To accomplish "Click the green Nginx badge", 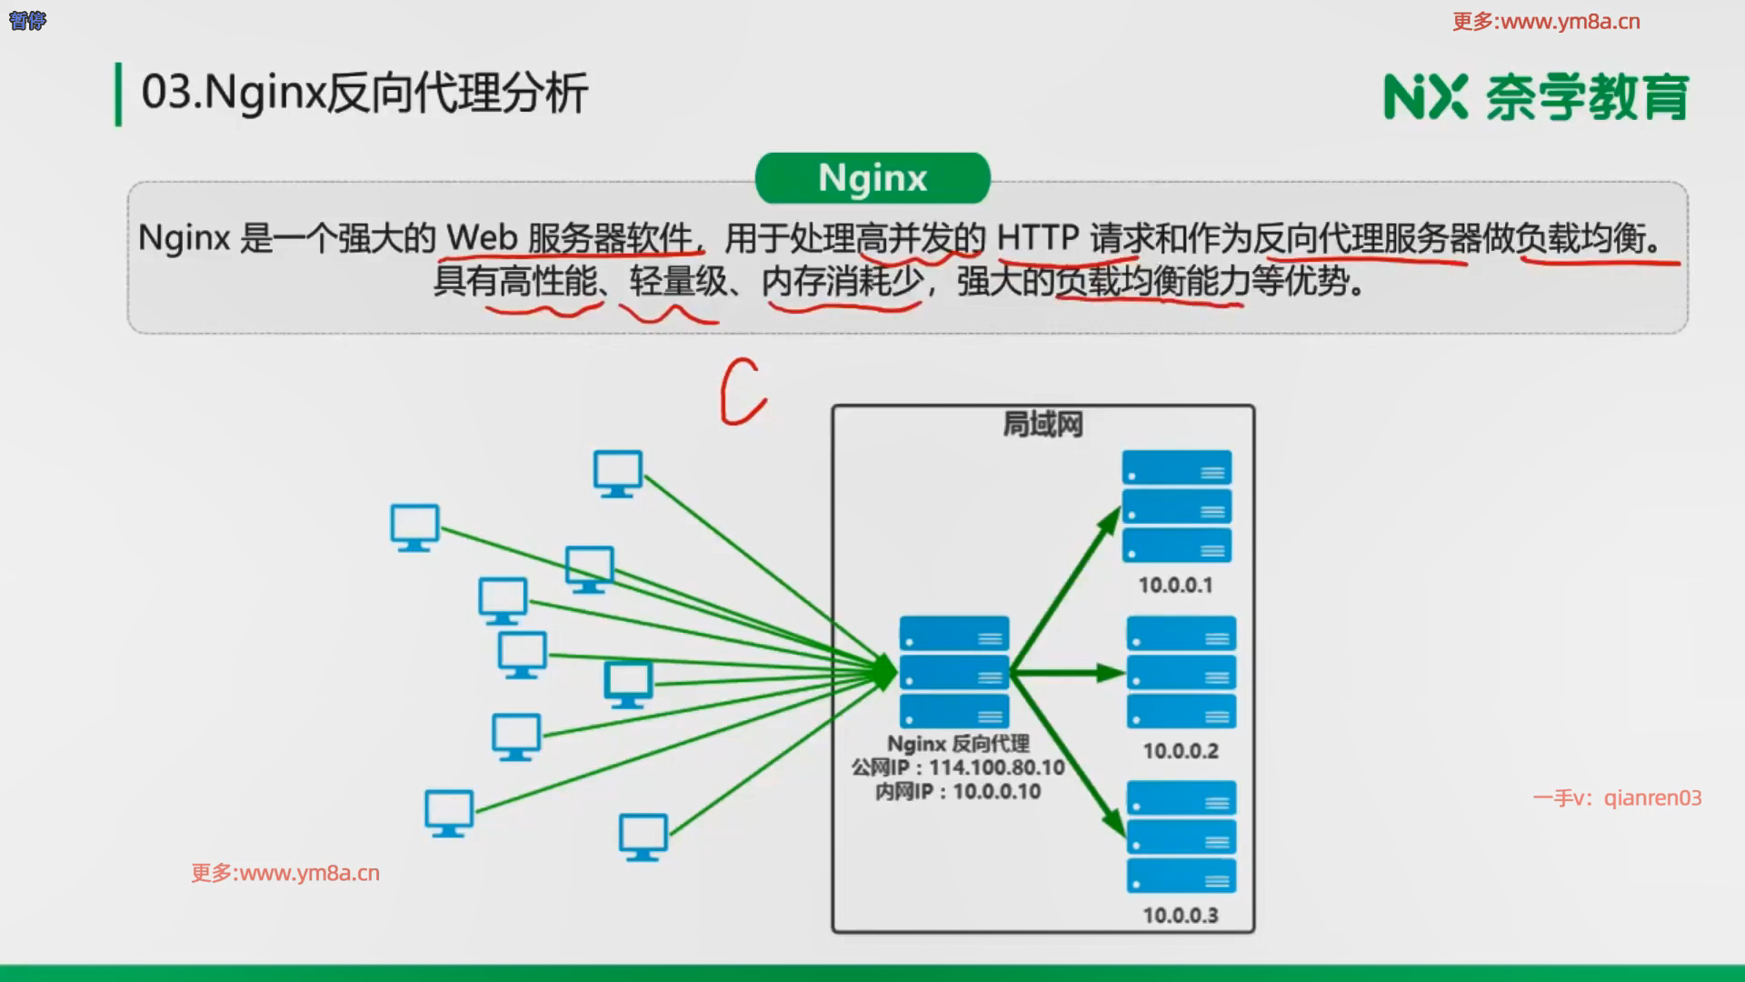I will [x=872, y=178].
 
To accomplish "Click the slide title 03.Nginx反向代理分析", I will [x=364, y=93].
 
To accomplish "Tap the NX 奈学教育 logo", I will [x=1536, y=97].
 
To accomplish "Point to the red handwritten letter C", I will [x=743, y=392].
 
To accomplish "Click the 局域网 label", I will [x=1042, y=425].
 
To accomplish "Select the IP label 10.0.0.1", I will [x=1175, y=586].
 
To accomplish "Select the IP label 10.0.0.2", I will [x=1181, y=751].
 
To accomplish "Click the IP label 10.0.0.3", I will [x=1181, y=916].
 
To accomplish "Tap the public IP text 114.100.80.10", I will [x=996, y=767].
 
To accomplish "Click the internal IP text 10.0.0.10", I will [x=997, y=792].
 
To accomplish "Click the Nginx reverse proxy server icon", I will [x=954, y=672].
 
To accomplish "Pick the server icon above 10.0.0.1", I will [x=1177, y=506].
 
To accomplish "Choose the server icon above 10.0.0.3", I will [x=1182, y=837].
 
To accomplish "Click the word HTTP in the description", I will [x=1038, y=238].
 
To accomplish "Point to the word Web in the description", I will [x=482, y=238].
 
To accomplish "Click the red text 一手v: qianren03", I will [x=1617, y=798].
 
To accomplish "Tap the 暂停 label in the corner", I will [x=27, y=20].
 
